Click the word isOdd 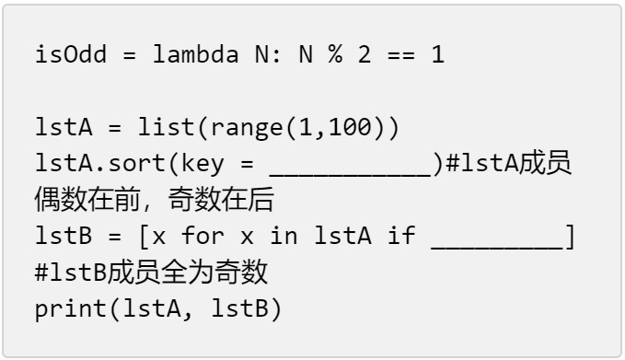click(71, 54)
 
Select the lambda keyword click(196, 54)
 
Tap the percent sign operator click(335, 54)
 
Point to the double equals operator click(401, 54)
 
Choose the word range click(247, 129)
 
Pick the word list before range click(166, 127)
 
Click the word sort click(137, 164)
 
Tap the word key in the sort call click(203, 164)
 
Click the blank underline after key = click(351, 175)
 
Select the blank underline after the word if click(497, 248)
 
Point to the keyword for click(203, 236)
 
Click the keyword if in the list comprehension click(401, 236)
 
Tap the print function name click(71, 309)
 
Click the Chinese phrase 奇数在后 click(221, 200)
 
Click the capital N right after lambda click(262, 54)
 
